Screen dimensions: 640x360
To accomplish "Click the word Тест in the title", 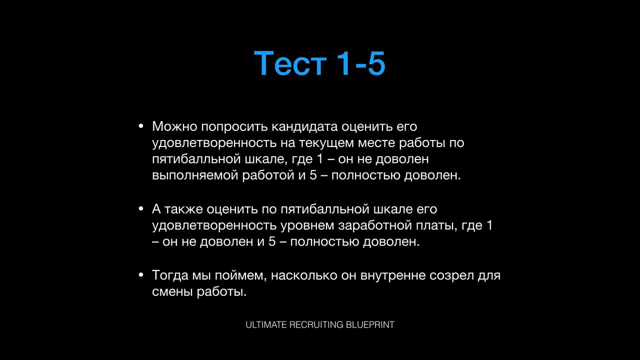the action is [290, 63].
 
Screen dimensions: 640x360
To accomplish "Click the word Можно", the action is [174, 126].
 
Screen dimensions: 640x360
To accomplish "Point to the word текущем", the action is [326, 143].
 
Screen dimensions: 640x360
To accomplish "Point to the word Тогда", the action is [170, 275].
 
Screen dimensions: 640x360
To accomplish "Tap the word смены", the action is [172, 292].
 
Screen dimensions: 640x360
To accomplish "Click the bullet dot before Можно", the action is [141, 126].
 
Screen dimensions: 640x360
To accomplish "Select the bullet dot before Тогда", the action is [141, 275].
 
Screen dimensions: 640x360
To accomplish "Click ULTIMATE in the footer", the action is [266, 325].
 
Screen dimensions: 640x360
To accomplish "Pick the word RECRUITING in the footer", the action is [316, 325].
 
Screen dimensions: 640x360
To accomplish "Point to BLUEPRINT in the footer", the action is [370, 325].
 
